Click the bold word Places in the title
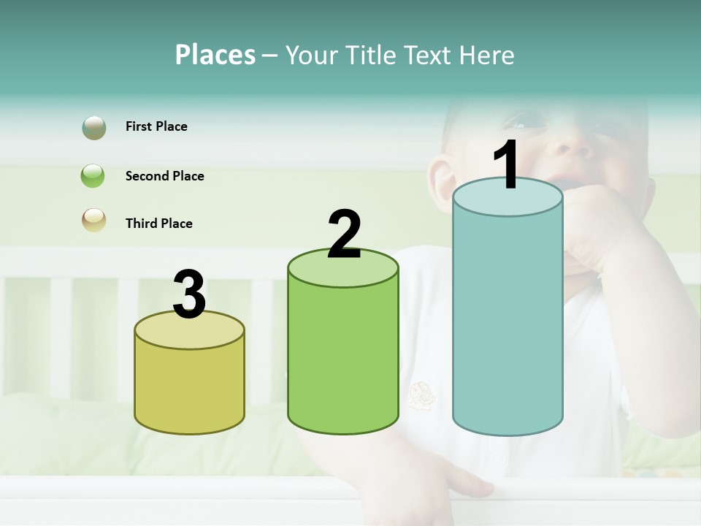pos(215,55)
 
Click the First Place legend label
pos(156,126)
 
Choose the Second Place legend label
pos(164,176)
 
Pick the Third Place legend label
pos(158,224)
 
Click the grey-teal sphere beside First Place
pos(94,128)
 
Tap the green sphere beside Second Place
pos(93,176)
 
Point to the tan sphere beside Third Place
pos(94,221)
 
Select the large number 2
pos(344,235)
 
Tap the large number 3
pos(190,295)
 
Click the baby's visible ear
pos(440,183)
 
